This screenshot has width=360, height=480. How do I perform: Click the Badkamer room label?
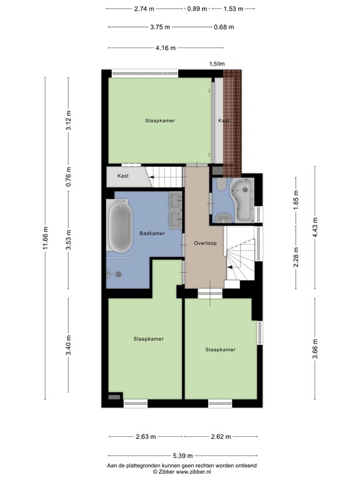click(152, 233)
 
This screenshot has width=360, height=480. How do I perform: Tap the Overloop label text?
click(205, 243)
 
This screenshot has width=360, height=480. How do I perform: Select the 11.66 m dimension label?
click(45, 238)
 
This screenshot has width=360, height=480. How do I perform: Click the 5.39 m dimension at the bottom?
click(182, 456)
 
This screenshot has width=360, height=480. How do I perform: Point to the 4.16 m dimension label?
click(166, 47)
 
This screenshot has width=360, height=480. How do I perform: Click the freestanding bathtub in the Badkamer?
click(121, 226)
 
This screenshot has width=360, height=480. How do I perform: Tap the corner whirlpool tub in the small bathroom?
click(242, 200)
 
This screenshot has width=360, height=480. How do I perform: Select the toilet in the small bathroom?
click(221, 184)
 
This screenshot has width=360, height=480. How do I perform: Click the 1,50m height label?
click(217, 64)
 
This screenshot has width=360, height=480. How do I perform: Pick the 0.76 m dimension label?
click(69, 177)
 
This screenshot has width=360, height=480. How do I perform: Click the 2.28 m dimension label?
click(296, 257)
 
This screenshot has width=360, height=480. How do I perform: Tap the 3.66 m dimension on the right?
click(315, 348)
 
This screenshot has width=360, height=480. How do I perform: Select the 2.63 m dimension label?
click(146, 436)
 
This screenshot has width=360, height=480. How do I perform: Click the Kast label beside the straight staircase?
click(123, 176)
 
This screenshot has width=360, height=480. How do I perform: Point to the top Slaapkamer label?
click(160, 121)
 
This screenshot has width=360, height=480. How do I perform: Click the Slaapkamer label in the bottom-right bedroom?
click(221, 349)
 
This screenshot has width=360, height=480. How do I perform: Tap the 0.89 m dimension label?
click(197, 9)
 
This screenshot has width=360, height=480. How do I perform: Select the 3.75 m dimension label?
click(160, 27)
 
